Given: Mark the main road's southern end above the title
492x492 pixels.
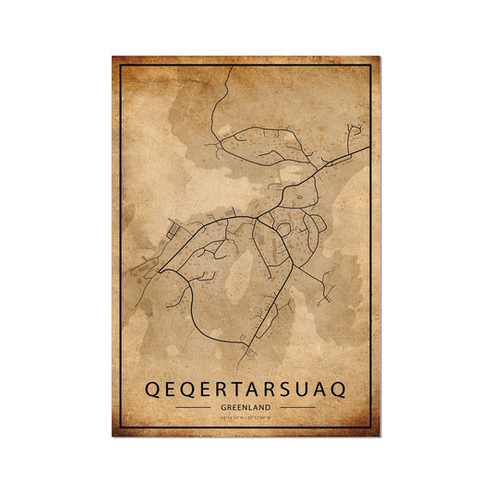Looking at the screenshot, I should point(246,359).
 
